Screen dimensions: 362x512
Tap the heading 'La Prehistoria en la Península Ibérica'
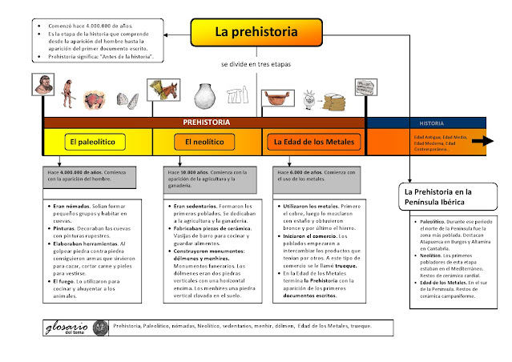pyautogui.click(x=443, y=197)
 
